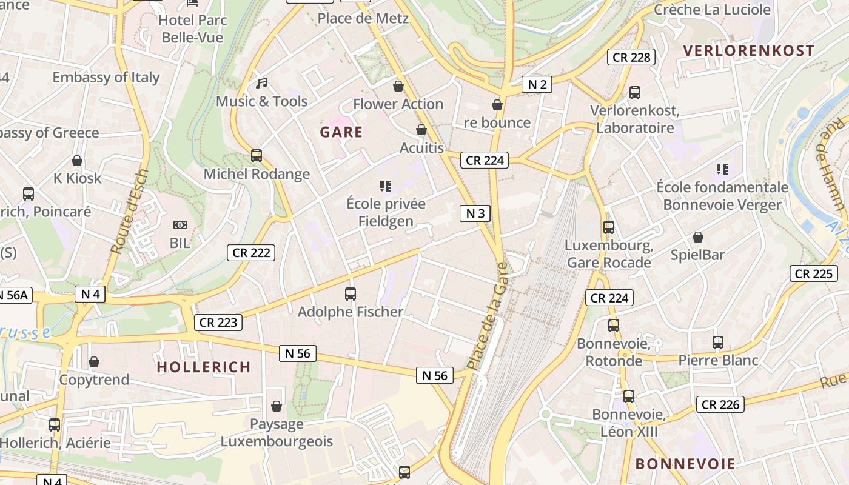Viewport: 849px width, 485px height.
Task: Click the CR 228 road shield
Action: pos(631,57)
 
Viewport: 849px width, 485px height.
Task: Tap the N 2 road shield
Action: pos(537,84)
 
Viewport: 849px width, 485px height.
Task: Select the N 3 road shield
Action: pos(475,213)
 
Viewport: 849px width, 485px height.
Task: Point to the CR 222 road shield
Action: pos(251,253)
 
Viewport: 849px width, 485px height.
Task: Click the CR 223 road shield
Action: pos(218,323)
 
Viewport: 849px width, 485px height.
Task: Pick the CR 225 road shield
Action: pos(814,273)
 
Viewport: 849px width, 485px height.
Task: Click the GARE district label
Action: pos(341,132)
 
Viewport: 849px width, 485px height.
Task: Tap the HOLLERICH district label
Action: pos(204,367)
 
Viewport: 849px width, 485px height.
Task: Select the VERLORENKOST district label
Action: pos(748,51)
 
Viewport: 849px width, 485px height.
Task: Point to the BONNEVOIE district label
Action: pos(685,464)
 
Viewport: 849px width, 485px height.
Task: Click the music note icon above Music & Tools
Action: pos(261,84)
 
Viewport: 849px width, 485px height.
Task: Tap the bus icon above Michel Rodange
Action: pos(257,156)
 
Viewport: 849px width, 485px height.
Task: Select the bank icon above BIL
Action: pos(180,225)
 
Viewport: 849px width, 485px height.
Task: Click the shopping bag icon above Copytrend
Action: pos(94,362)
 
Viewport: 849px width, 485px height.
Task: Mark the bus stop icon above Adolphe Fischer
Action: pos(351,294)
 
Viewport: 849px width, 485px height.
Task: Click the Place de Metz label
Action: pos(363,18)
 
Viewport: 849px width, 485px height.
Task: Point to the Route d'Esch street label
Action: pos(130,211)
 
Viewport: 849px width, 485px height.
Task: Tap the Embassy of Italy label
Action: pos(106,78)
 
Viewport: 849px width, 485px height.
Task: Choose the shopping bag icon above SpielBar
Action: pos(698,237)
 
